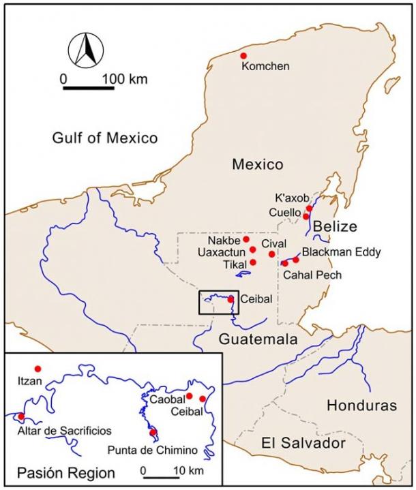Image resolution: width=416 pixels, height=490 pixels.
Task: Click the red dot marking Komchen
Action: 243,56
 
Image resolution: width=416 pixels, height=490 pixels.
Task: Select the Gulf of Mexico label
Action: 105,138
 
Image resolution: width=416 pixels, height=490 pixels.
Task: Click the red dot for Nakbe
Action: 246,239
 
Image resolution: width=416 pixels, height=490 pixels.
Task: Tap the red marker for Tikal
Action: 253,262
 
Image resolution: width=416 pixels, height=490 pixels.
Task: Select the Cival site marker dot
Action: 272,254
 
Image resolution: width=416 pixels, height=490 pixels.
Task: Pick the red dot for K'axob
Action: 309,209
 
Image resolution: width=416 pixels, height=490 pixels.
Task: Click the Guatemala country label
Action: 258,339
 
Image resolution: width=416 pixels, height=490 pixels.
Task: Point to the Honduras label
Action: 361,406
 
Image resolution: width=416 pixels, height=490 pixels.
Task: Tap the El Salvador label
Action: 303,443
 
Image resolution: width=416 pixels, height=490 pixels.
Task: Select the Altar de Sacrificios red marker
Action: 21,416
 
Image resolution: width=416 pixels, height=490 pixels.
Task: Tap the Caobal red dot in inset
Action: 189,396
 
